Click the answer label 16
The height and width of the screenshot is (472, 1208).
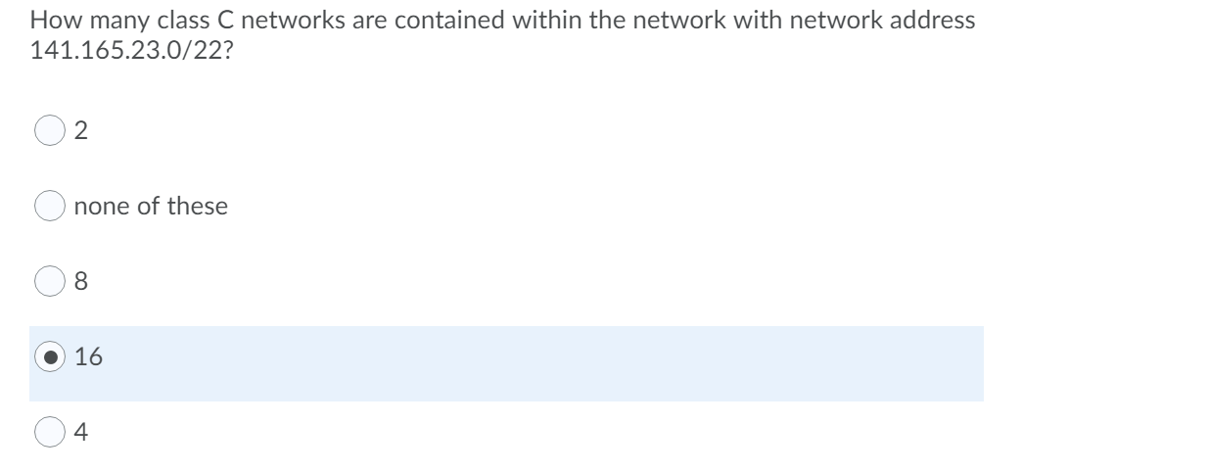pyautogui.click(x=88, y=357)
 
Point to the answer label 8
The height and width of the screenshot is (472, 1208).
pyautogui.click(x=81, y=282)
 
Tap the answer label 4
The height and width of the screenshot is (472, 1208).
pyautogui.click(x=81, y=432)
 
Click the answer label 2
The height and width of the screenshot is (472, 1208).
pyautogui.click(x=81, y=131)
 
